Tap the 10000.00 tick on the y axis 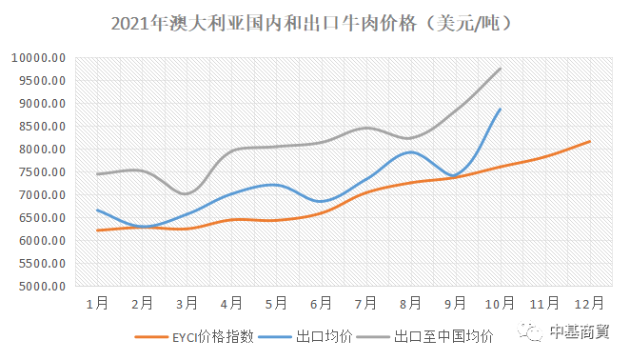39,58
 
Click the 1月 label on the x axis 96,303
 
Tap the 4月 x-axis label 231,303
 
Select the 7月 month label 365,303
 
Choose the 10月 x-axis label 501,303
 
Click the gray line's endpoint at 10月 501,69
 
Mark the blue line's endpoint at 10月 501,109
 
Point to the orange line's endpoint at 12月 590,142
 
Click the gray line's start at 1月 97,174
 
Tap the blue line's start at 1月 97,210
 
